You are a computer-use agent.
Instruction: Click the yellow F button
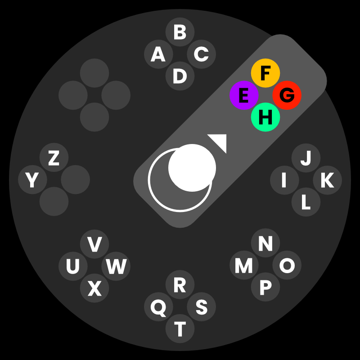265,73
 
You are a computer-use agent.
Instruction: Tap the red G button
287,95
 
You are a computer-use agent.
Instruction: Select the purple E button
244,95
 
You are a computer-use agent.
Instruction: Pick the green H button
265,117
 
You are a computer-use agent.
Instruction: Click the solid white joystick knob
192,167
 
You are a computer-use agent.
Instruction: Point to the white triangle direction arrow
218,142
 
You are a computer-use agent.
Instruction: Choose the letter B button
180,32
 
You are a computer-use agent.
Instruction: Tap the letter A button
158,54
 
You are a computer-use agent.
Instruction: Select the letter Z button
54,158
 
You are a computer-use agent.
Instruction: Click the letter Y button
32,180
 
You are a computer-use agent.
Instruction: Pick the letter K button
327,180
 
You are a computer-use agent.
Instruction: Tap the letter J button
306,158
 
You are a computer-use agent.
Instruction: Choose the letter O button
287,265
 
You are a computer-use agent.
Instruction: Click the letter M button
244,266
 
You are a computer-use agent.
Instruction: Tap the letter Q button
158,307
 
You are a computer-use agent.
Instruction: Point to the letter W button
116,266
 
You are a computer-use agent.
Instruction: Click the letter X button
94,288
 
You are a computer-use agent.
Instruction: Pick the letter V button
94,244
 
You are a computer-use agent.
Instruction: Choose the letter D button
180,76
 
